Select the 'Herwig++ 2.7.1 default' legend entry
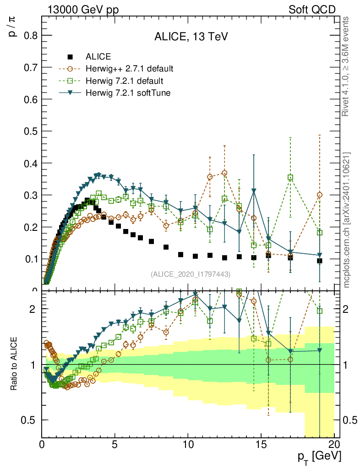pos(129,69)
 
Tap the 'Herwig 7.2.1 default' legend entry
pos(125,81)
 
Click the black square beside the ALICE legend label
pos(70,57)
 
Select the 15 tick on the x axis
pos(261,444)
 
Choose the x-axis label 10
pos(188,444)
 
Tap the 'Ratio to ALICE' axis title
pos(15,364)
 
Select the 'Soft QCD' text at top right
pos(312,10)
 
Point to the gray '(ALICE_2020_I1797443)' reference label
pos(190,274)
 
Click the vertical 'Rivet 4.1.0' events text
pos(347,66)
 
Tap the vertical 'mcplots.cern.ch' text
pos(347,220)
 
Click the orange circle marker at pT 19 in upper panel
pos(320,195)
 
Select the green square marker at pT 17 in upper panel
pos(290,177)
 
